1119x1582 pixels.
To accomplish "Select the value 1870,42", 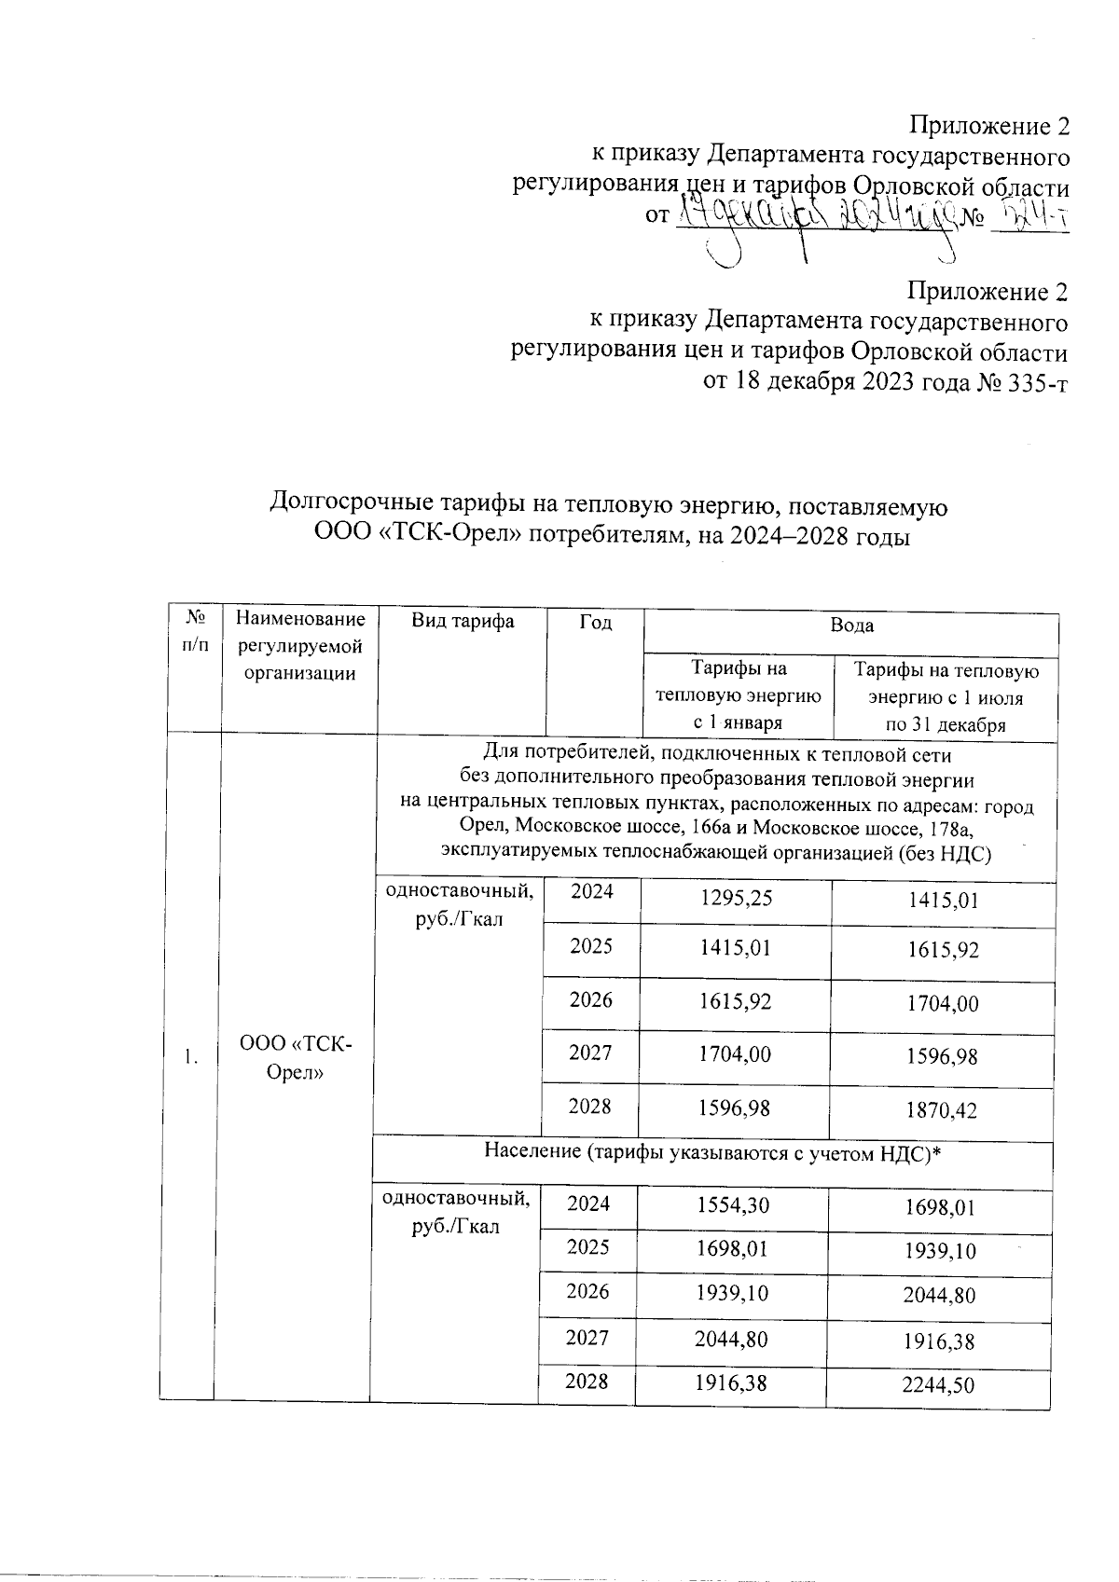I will (x=945, y=1110).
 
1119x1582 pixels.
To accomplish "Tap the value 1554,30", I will (x=732, y=1205).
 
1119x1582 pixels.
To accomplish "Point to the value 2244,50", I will (x=937, y=1386).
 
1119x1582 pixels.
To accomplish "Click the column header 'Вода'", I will (x=851, y=626).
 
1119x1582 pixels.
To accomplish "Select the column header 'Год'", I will (x=595, y=623).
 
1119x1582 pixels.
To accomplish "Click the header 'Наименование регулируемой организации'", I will (x=299, y=645).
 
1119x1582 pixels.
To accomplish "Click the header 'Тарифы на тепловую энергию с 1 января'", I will (x=737, y=695).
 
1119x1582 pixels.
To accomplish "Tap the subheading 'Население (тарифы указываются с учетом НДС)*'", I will (x=711, y=1153).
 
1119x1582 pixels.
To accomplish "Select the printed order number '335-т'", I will (x=1034, y=381).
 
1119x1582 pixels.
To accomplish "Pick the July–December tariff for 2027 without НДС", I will (x=945, y=1057).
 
